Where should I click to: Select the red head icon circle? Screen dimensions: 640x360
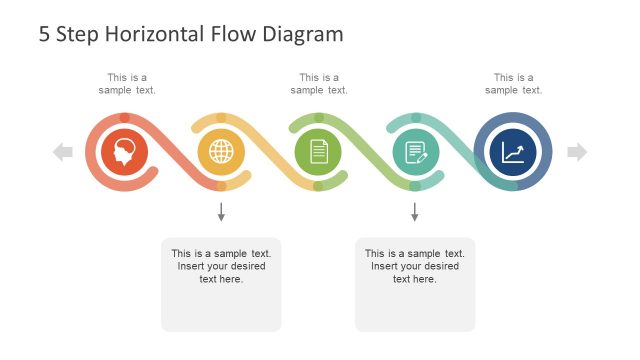click(x=125, y=152)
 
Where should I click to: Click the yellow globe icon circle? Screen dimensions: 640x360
click(x=221, y=152)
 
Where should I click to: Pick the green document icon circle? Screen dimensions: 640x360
click(x=318, y=152)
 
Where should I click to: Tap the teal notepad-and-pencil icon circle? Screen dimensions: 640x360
click(x=415, y=152)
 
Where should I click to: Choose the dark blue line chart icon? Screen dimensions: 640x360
click(x=512, y=152)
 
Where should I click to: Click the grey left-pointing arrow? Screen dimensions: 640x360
click(x=63, y=152)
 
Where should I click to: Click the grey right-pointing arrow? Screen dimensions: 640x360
click(x=577, y=152)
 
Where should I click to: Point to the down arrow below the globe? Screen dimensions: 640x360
click(x=221, y=212)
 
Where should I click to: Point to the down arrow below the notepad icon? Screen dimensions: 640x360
click(x=414, y=212)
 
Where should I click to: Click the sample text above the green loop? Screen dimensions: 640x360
click(x=319, y=84)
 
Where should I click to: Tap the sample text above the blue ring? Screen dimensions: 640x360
click(x=513, y=84)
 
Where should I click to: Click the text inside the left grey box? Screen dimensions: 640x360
click(x=221, y=266)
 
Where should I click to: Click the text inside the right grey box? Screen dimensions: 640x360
click(x=415, y=266)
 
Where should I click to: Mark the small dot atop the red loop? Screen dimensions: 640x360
click(x=125, y=118)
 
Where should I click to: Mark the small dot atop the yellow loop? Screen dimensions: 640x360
click(x=221, y=118)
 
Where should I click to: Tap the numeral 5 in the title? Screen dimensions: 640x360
click(x=45, y=34)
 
